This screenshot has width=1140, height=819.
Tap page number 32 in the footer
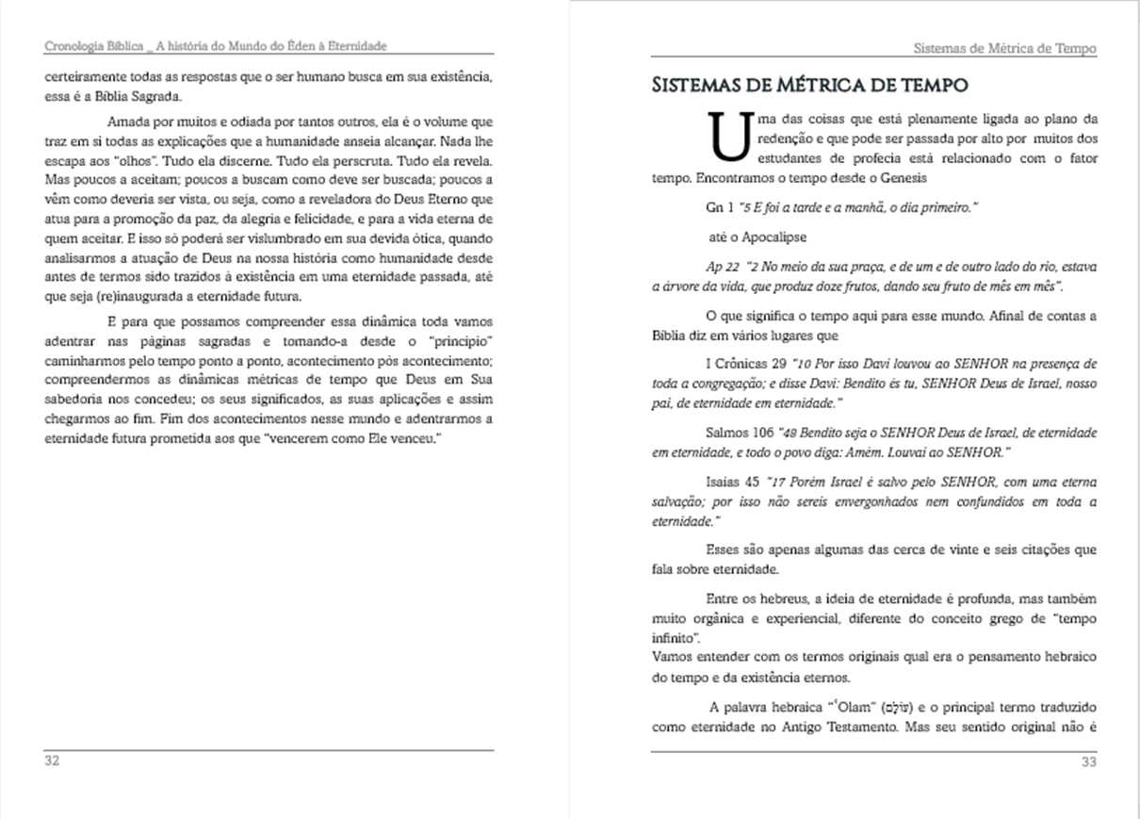pos(53,761)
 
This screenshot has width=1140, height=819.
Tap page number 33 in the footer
pos(1089,762)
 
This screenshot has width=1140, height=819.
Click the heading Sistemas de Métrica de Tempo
pos(810,86)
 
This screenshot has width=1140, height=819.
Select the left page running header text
pos(217,46)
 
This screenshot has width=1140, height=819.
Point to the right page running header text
pos(1005,49)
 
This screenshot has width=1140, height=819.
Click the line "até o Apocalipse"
pos(757,237)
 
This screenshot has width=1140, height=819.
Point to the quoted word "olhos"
pos(123,160)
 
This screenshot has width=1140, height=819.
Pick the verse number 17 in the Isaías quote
pos(779,483)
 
